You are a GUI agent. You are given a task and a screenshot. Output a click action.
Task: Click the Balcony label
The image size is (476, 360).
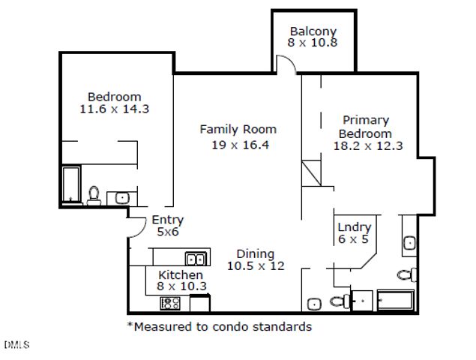click(x=313, y=31)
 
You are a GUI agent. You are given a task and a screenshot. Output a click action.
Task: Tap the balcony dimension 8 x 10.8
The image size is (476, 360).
click(x=313, y=43)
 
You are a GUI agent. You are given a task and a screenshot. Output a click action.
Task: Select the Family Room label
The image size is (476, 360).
click(x=238, y=130)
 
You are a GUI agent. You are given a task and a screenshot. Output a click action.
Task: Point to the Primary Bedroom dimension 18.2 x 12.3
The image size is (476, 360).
click(x=368, y=145)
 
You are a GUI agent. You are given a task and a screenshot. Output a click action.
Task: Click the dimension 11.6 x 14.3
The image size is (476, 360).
click(x=115, y=109)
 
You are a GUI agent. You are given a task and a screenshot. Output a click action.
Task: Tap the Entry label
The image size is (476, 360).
click(x=168, y=220)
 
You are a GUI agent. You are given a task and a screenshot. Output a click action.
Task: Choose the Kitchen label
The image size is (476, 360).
click(x=181, y=275)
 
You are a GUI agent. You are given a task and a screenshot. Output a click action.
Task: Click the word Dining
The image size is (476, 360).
click(x=256, y=254)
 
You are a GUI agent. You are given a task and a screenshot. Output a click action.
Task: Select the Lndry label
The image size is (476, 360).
click(x=355, y=227)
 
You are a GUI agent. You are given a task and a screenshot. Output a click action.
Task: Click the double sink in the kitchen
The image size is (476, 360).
click(x=196, y=259)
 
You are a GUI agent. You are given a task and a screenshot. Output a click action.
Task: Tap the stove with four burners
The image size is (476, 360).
click(x=170, y=303)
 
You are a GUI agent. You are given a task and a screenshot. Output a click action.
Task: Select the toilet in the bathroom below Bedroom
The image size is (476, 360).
click(x=94, y=196)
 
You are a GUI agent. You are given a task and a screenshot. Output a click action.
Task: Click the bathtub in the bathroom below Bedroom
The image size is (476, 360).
click(x=71, y=184)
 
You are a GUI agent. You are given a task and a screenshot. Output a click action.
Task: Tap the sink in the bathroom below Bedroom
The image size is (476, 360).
click(x=122, y=199)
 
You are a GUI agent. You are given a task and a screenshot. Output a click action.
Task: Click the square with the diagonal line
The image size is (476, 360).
click(x=312, y=173)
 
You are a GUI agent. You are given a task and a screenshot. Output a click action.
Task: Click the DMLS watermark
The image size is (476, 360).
click(x=16, y=345)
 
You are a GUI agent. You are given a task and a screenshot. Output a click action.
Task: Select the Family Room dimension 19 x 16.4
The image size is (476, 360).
click(x=240, y=145)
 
